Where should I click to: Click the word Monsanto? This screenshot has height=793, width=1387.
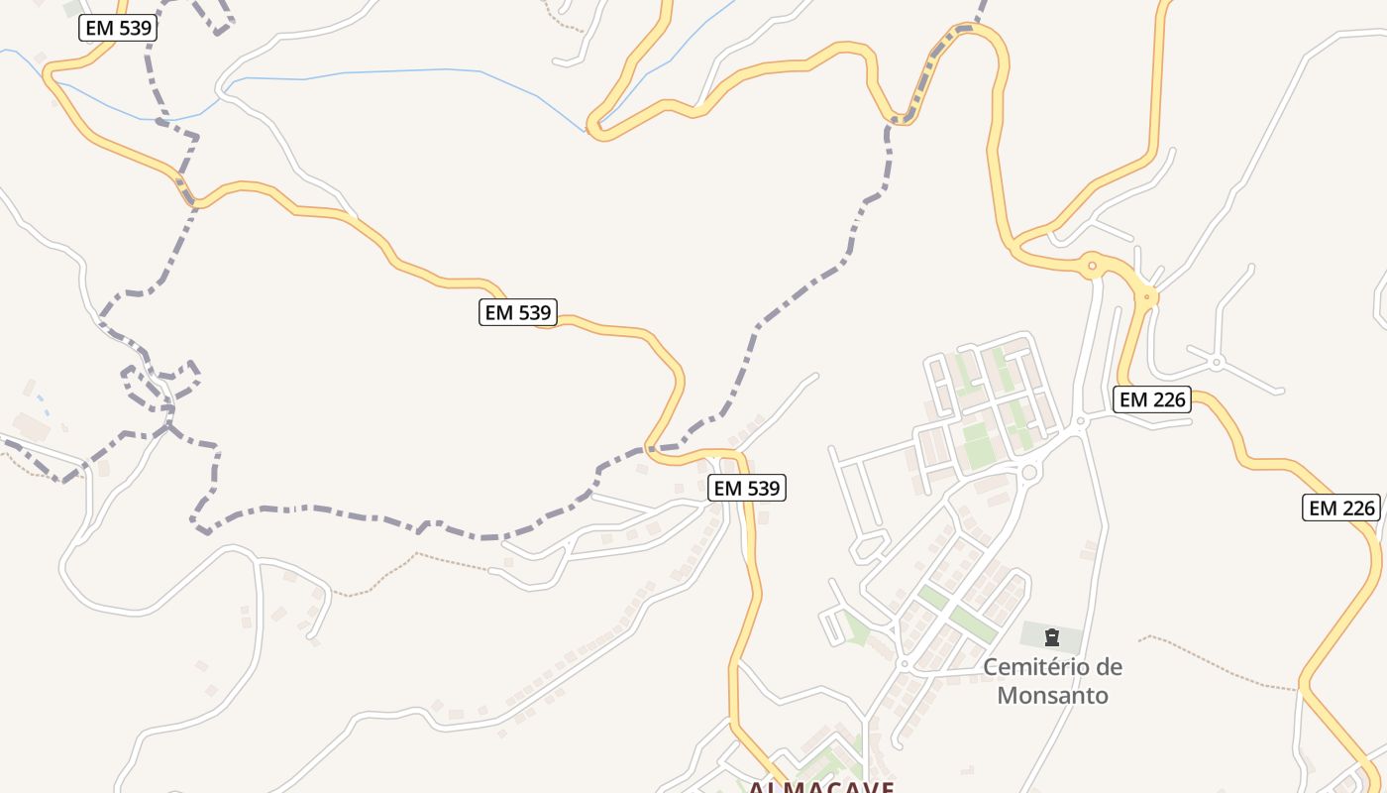tap(1052, 695)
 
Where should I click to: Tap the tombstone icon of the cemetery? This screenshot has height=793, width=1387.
tap(1052, 636)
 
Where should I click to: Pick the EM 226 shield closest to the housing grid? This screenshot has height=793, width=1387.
tap(1152, 399)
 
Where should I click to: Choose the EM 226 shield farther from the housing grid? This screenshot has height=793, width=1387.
tap(1341, 508)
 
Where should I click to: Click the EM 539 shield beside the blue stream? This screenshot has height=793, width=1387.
tap(118, 28)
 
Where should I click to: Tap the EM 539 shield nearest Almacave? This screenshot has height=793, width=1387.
tap(748, 488)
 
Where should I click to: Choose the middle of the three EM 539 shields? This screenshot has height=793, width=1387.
tap(518, 313)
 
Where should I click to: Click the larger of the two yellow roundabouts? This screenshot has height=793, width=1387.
tap(1092, 265)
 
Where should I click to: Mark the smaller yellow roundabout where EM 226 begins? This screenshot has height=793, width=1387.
tap(1147, 295)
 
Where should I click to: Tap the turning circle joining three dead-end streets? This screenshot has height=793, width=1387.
tap(1216, 361)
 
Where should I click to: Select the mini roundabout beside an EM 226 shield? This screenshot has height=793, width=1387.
tap(1081, 422)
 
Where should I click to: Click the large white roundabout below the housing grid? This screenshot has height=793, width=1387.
tap(1028, 473)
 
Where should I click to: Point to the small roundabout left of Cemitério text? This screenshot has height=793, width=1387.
tap(904, 664)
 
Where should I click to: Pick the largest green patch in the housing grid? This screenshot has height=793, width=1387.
tap(979, 443)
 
